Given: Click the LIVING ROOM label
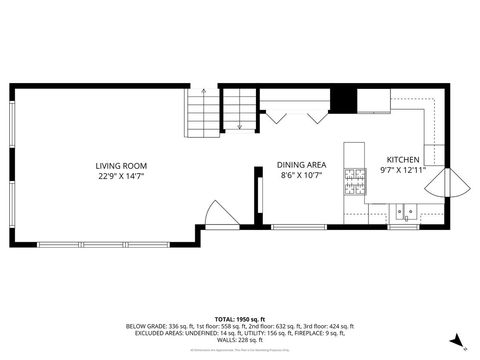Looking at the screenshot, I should click(121, 166).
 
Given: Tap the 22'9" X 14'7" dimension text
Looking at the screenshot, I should click(121, 175).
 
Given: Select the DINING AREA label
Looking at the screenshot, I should click(301, 166).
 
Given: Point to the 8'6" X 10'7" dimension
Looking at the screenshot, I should click(301, 175).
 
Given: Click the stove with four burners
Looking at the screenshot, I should click(355, 182).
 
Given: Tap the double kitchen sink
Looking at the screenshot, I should click(404, 211).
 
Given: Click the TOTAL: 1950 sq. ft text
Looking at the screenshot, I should click(239, 317).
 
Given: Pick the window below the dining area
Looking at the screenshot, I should click(298, 227).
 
